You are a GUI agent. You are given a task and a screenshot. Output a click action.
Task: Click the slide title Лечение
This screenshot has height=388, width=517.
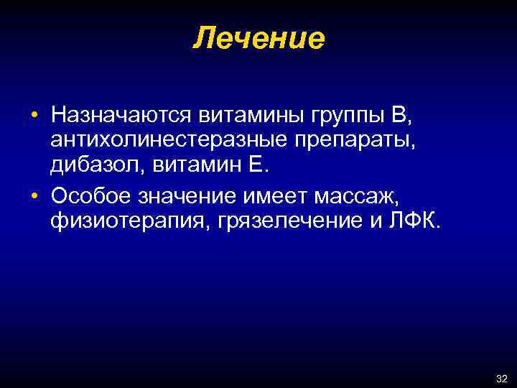(x=258, y=38)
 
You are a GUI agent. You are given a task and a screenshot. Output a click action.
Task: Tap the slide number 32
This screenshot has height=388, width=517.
(x=501, y=378)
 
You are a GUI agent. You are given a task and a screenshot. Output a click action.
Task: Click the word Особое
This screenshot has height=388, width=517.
(x=90, y=195)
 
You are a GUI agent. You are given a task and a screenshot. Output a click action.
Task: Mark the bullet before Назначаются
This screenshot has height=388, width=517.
(x=34, y=116)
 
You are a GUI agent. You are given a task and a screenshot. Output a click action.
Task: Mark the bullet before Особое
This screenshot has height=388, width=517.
(x=34, y=196)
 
